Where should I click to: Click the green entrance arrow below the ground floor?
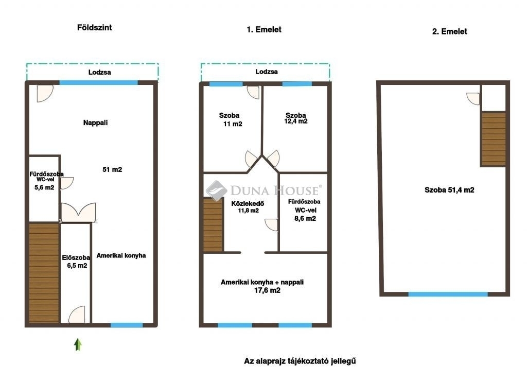[x=78, y=344]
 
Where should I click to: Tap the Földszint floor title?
[x=95, y=28]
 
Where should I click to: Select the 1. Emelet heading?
[x=264, y=29]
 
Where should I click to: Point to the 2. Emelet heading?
[x=449, y=31]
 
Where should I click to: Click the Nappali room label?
[x=95, y=123]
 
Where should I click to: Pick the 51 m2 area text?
[x=112, y=169]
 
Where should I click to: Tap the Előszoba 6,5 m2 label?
[x=76, y=262]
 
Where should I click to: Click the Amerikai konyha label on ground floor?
[x=121, y=255]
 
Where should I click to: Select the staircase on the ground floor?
[x=44, y=273]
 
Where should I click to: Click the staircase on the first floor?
[x=213, y=225]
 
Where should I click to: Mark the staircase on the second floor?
[x=494, y=139]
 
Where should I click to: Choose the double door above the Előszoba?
[x=78, y=212]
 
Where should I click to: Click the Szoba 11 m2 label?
[x=230, y=119]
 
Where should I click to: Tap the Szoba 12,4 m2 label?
[x=296, y=118]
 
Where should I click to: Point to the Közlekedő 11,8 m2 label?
[x=248, y=207]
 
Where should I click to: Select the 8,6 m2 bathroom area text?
[x=305, y=219]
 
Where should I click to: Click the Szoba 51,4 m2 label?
[x=449, y=190]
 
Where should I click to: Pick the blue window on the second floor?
[x=448, y=294]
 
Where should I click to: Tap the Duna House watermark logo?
[x=263, y=190]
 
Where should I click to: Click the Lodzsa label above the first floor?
[x=267, y=72]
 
